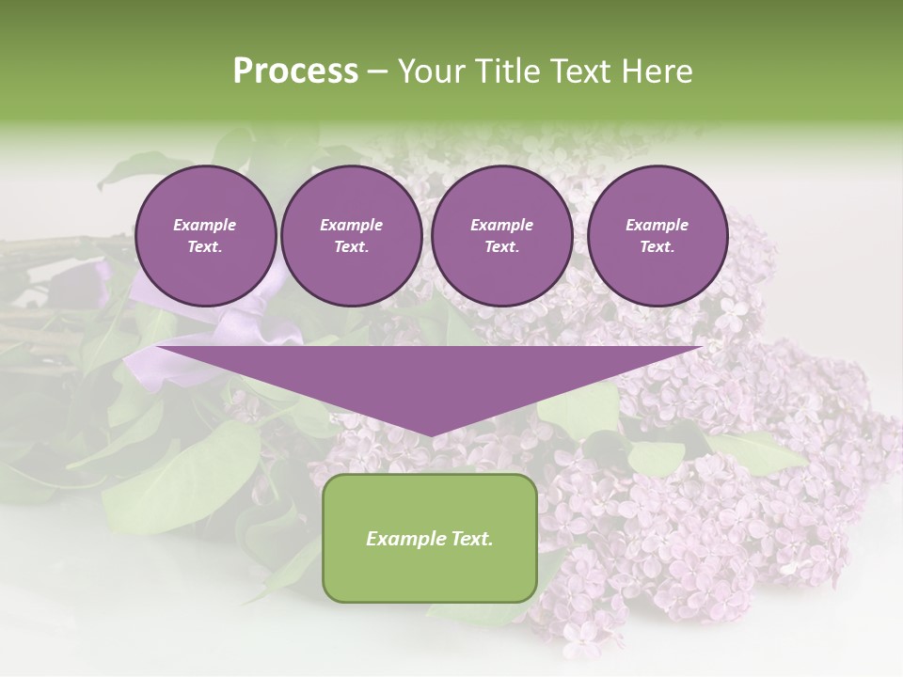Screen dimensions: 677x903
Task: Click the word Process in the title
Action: [x=295, y=71]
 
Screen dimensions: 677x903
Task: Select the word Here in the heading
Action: [x=656, y=71]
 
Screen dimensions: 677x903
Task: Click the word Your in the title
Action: [x=431, y=71]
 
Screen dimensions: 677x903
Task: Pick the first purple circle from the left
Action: [x=205, y=236]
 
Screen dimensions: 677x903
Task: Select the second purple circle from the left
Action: [x=351, y=236]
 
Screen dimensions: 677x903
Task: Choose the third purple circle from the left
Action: [x=501, y=236]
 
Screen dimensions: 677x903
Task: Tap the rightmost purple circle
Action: [x=657, y=236]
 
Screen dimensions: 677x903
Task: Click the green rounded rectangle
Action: [x=430, y=538]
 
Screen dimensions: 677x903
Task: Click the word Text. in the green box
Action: [x=472, y=539]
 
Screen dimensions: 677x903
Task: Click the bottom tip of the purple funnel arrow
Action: [x=431, y=435]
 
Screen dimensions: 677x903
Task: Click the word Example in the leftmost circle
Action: [x=205, y=225]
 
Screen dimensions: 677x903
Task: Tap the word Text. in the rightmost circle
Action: [x=657, y=247]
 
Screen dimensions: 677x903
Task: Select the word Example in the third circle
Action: [x=501, y=225]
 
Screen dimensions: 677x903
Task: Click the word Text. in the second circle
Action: [x=351, y=247]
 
